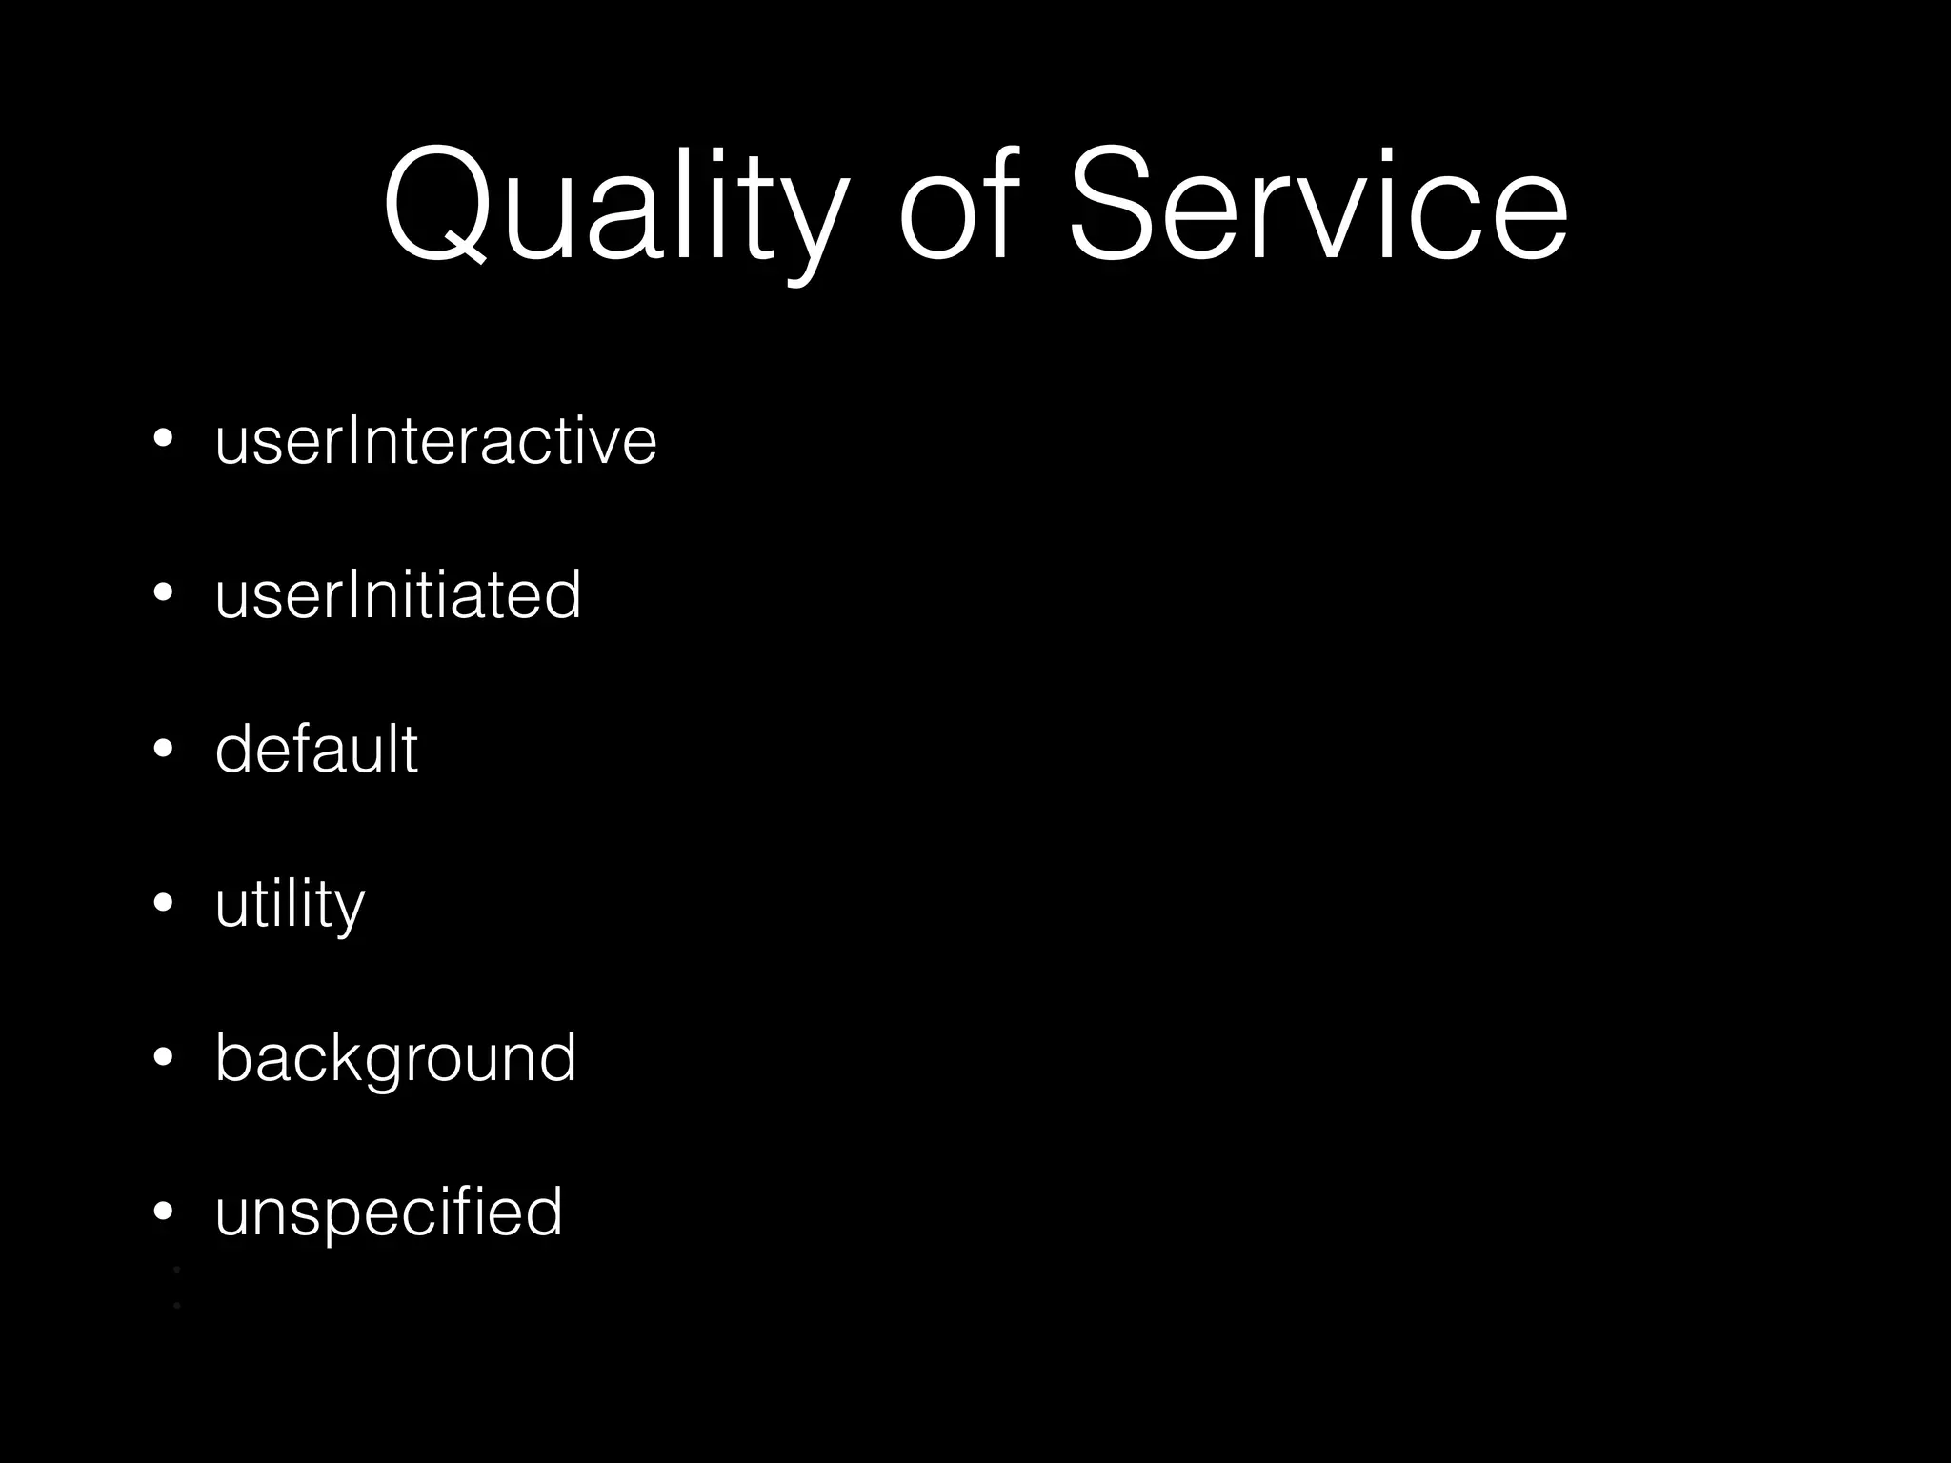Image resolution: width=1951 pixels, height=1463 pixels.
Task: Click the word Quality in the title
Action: [x=613, y=204]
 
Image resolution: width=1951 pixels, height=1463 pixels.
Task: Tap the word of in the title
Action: [x=958, y=204]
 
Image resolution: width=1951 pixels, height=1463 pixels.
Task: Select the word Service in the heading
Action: [x=1317, y=204]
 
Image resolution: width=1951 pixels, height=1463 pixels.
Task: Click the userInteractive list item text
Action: [x=435, y=440]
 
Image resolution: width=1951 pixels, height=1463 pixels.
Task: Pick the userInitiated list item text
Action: [x=397, y=594]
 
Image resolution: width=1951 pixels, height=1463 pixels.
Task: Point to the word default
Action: [x=315, y=749]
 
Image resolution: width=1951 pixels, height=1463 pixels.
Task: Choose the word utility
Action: [x=290, y=903]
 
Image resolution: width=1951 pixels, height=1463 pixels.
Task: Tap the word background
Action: [x=395, y=1057]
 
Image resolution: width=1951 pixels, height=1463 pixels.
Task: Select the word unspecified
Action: [x=389, y=1212]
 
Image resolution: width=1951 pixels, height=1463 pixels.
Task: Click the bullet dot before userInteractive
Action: [x=163, y=439]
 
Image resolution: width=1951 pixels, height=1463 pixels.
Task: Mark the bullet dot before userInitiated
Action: [x=163, y=593]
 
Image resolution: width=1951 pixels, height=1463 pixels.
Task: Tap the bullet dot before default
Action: [x=163, y=748]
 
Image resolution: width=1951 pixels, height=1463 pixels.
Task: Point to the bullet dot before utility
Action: [x=163, y=902]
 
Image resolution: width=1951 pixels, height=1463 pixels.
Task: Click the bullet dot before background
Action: [x=163, y=1056]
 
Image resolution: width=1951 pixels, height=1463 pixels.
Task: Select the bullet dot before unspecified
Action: [x=163, y=1211]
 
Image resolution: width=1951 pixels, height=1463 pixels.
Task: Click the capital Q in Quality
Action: [x=435, y=204]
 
